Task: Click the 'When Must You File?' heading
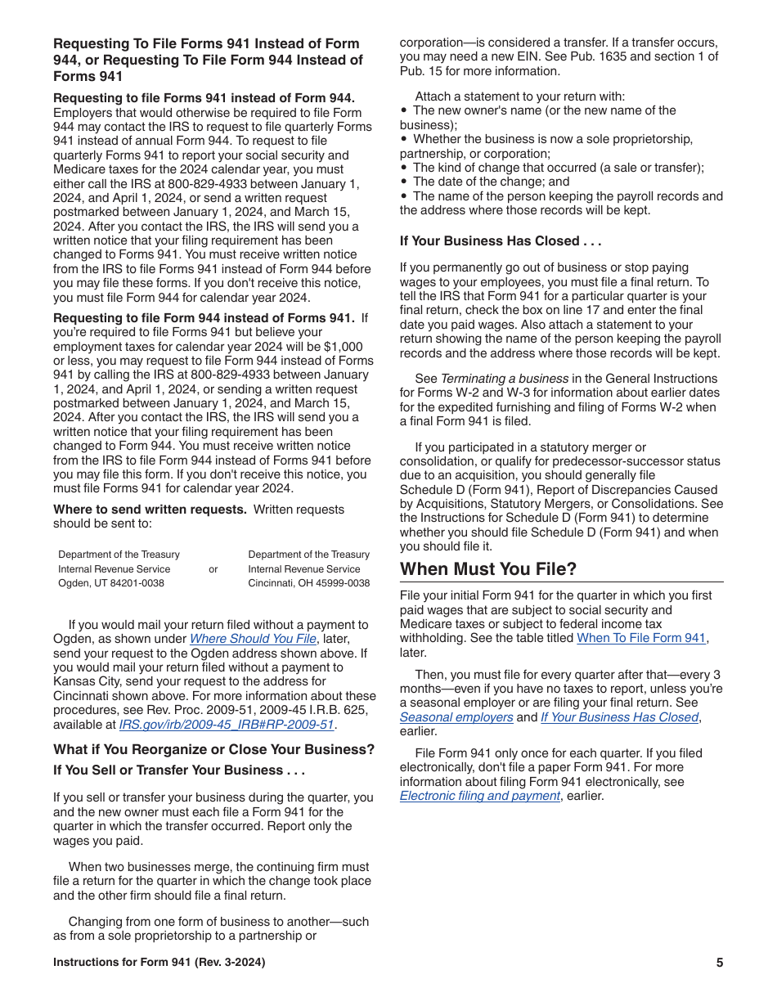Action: pos(488,569)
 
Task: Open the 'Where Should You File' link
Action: pos(253,640)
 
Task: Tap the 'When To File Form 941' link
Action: pos(641,639)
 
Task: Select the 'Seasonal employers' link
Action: pos(456,717)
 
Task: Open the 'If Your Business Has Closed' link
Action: pos(619,717)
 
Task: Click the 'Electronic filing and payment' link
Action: pos(479,796)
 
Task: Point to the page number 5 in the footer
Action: pos(720,963)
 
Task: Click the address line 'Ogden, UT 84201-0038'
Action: pos(111,583)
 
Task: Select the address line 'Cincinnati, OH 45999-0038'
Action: pos(309,583)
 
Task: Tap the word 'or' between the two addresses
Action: pos(213,569)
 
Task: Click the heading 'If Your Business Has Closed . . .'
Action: pos(501,241)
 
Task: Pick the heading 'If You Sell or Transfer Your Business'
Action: pos(179,770)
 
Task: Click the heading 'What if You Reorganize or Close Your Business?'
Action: pos(214,750)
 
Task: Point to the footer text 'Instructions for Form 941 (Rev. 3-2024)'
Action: pos(159,963)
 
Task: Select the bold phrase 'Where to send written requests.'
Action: pos(150,510)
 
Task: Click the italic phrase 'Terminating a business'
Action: pos(505,379)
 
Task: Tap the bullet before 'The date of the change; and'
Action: pos(404,182)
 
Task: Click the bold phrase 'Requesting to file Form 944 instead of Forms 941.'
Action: pos(204,318)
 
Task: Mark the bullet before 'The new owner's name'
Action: pos(404,110)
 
